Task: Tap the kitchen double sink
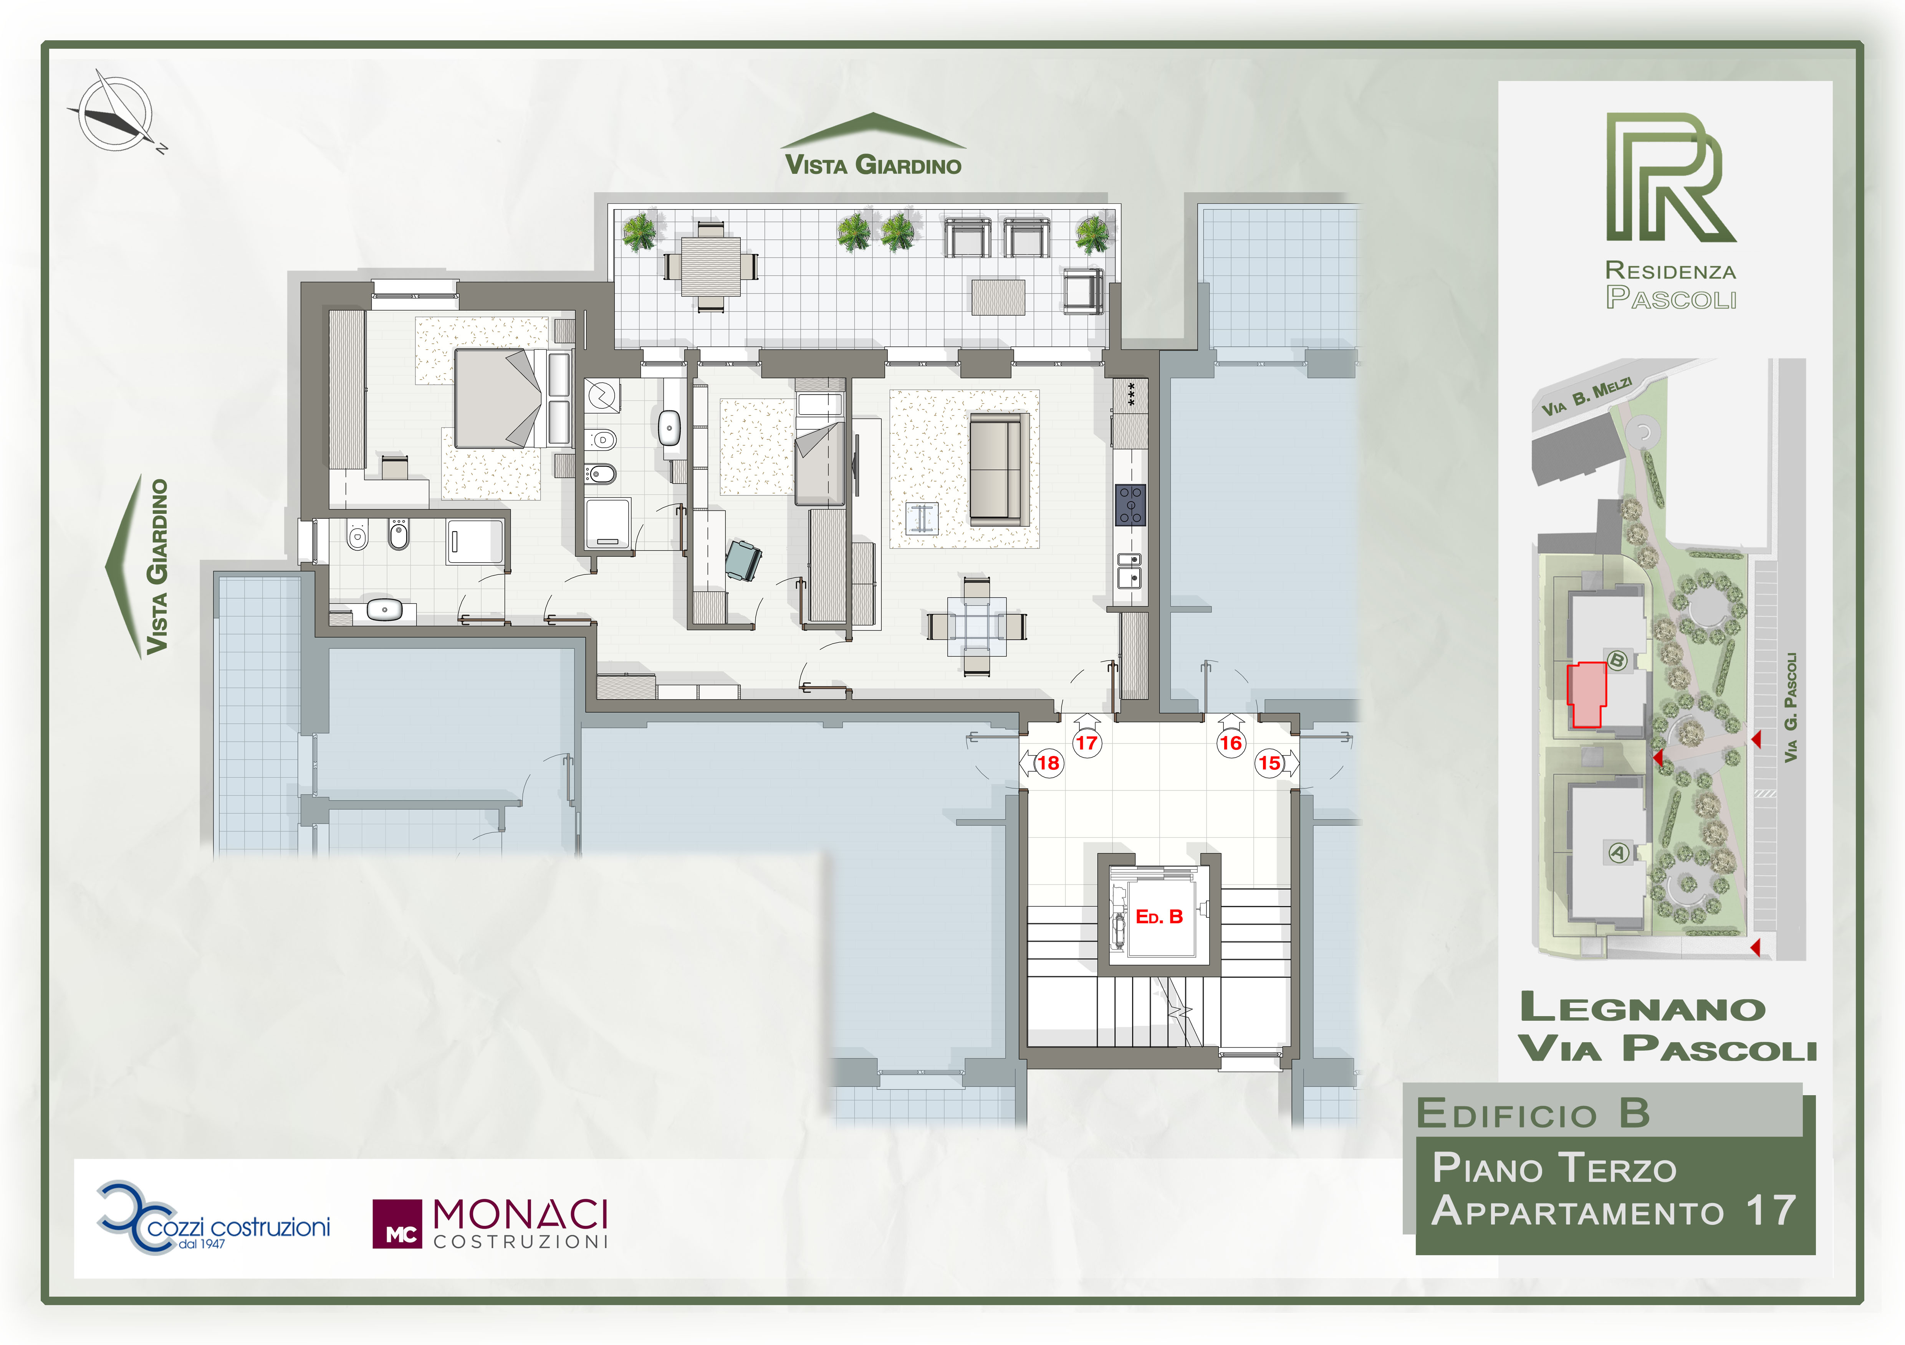click(1129, 571)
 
